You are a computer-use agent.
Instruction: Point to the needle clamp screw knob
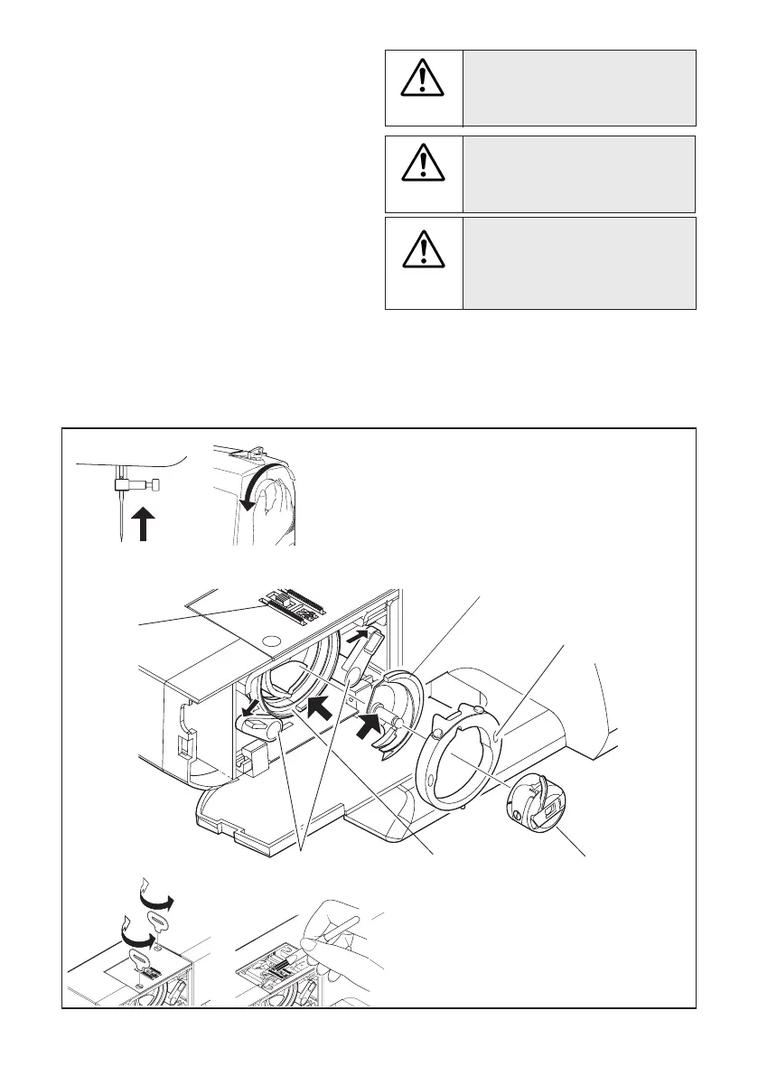[156, 486]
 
